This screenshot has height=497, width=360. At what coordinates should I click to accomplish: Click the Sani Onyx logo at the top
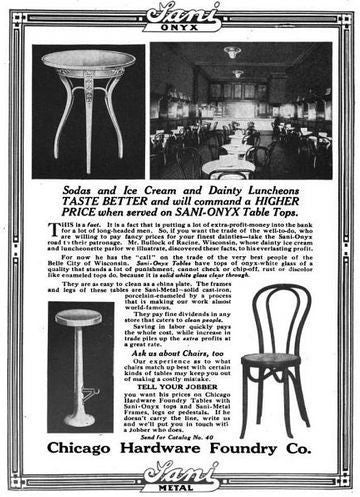pyautogui.click(x=179, y=17)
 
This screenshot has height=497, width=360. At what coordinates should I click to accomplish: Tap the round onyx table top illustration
pyautogui.click(x=88, y=58)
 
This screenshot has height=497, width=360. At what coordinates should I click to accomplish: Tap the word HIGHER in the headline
pyautogui.click(x=291, y=198)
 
